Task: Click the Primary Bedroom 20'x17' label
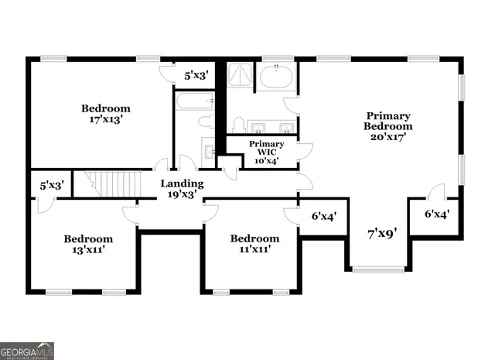tap(388, 125)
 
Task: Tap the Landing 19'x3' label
tap(182, 189)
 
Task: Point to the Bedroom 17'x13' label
tap(106, 114)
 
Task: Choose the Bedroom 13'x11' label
tap(87, 245)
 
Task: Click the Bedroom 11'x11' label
tap(254, 244)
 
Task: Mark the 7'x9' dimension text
tap(381, 231)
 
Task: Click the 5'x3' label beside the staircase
tap(51, 186)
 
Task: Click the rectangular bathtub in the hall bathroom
tap(194, 101)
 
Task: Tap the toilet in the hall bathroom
tap(205, 121)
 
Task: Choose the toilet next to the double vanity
tap(239, 125)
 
